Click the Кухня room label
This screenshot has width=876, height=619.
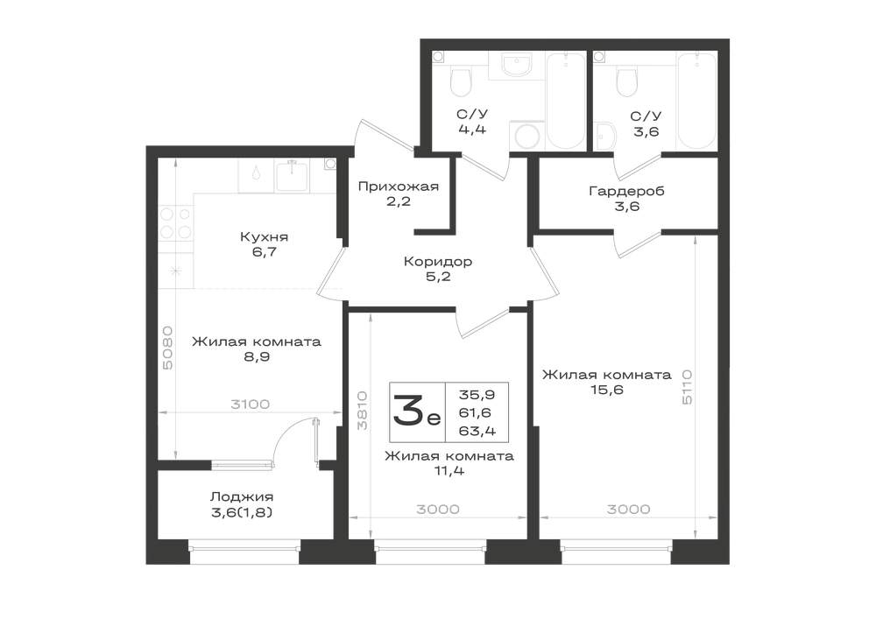pyautogui.click(x=264, y=236)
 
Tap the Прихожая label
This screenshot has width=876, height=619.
pyautogui.click(x=399, y=186)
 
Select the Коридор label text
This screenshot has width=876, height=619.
pyautogui.click(x=438, y=261)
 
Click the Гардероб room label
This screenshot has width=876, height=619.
pyautogui.click(x=627, y=192)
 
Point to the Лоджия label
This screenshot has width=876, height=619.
pyautogui.click(x=242, y=496)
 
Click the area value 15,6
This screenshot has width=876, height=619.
pyautogui.click(x=607, y=390)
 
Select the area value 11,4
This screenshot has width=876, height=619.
pyautogui.click(x=449, y=470)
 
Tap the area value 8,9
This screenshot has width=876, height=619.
pyautogui.click(x=257, y=356)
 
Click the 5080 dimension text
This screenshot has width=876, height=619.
pyautogui.click(x=167, y=348)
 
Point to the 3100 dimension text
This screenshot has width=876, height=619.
pyautogui.click(x=251, y=404)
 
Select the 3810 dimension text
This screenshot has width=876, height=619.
pyautogui.click(x=363, y=410)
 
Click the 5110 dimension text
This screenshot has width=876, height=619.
pyautogui.click(x=687, y=386)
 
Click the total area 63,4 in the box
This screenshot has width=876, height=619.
pyautogui.click(x=477, y=432)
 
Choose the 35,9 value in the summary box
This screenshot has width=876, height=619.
pyautogui.click(x=477, y=395)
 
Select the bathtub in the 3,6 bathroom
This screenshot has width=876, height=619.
pyautogui.click(x=696, y=101)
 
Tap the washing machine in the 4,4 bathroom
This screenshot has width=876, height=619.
pyautogui.click(x=526, y=135)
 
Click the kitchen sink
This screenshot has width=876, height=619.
pyautogui.click(x=293, y=175)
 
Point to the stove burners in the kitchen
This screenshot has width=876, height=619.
pyautogui.click(x=176, y=222)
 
